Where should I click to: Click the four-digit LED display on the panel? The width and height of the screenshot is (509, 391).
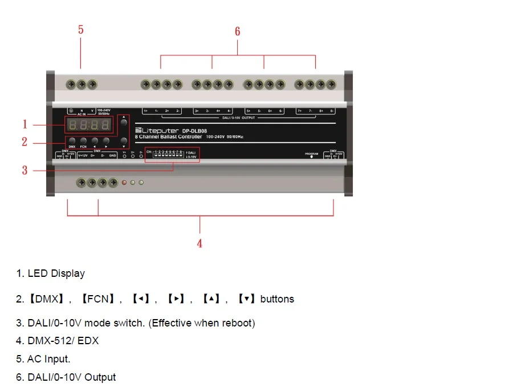[89, 125]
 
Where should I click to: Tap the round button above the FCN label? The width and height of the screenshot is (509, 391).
[83, 140]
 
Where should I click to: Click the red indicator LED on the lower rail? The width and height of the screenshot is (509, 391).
[124, 183]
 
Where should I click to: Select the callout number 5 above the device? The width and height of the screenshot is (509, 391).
[81, 30]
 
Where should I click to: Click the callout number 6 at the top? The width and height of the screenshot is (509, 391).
[238, 31]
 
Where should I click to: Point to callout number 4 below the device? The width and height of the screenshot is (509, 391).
[199, 244]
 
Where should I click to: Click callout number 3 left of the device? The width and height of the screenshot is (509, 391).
[25, 170]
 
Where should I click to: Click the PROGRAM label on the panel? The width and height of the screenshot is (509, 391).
[311, 154]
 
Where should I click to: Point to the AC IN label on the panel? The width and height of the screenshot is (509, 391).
[82, 114]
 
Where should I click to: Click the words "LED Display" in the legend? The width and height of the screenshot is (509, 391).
[56, 273]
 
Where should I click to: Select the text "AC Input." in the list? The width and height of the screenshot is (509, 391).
[49, 359]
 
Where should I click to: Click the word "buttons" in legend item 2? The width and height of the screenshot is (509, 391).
[277, 299]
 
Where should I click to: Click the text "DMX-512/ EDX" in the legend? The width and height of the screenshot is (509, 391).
[63, 341]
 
